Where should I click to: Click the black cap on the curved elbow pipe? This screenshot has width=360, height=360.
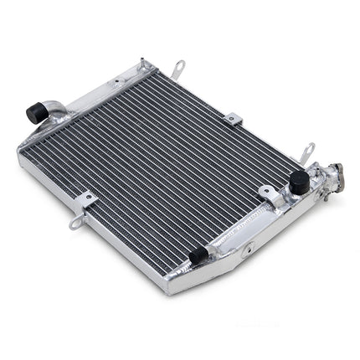pyautogui.click(x=38, y=112)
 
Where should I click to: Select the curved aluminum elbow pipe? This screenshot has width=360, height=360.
pyautogui.click(x=55, y=107)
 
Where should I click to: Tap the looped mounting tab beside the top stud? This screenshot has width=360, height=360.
pyautogui.click(x=177, y=68)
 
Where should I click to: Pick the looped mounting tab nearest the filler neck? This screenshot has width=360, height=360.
pyautogui.click(x=306, y=153)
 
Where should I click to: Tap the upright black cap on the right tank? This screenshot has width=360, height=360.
pyautogui.click(x=298, y=182)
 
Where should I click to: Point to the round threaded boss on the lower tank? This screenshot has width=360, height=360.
pyautogui.click(x=248, y=249)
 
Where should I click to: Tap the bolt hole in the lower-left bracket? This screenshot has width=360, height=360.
pyautogui.click(x=85, y=201)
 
